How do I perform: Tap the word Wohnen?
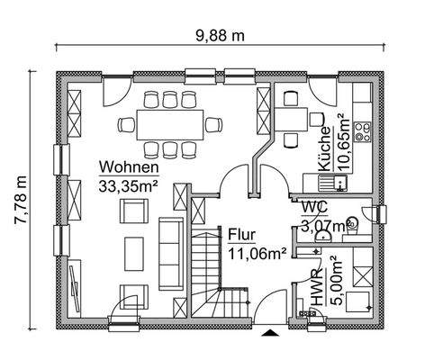coord(130,167)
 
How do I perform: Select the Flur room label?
coord(241,232)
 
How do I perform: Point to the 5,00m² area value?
coord(335,282)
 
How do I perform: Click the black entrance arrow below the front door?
coord(269,333)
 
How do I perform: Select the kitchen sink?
coord(343,183)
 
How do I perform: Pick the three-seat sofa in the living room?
coord(170,243)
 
